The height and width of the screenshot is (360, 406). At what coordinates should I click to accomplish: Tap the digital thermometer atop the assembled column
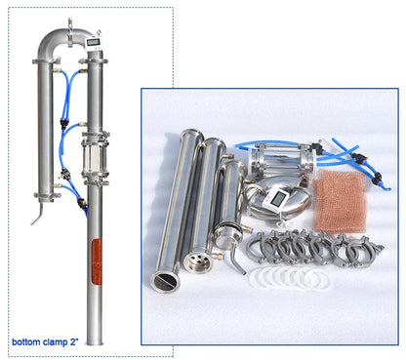pos(92,42)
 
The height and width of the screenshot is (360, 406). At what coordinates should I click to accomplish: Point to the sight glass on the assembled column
pos(94,155)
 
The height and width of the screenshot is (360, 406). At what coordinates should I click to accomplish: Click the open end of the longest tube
pos(164,280)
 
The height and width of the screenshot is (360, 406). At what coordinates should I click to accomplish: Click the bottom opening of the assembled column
pos(95,341)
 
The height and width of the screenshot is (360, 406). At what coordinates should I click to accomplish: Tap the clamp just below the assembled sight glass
pos(94,180)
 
